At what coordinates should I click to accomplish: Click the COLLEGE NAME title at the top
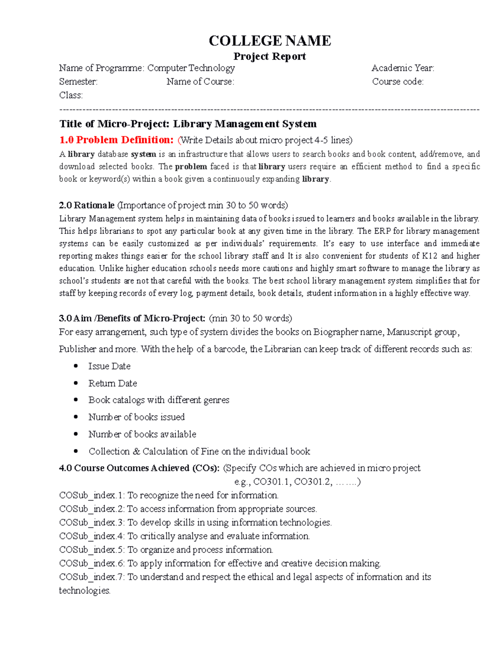[270, 41]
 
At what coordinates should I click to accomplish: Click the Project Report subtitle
[270, 56]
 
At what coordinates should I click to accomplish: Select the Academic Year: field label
[402, 68]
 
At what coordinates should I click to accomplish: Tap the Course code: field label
[397, 82]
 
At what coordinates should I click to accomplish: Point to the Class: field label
[71, 95]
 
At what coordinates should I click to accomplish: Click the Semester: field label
[78, 82]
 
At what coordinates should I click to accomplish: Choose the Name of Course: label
[200, 82]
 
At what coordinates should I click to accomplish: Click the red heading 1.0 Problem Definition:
[116, 140]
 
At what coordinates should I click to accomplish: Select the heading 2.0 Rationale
[87, 205]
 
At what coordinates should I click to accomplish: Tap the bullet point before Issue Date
[76, 366]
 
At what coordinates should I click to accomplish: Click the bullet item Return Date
[112, 383]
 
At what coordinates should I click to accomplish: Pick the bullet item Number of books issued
[136, 417]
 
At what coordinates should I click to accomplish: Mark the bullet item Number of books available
[142, 434]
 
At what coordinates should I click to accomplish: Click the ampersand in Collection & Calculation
[136, 451]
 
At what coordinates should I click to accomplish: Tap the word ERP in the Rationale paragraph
[382, 231]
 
